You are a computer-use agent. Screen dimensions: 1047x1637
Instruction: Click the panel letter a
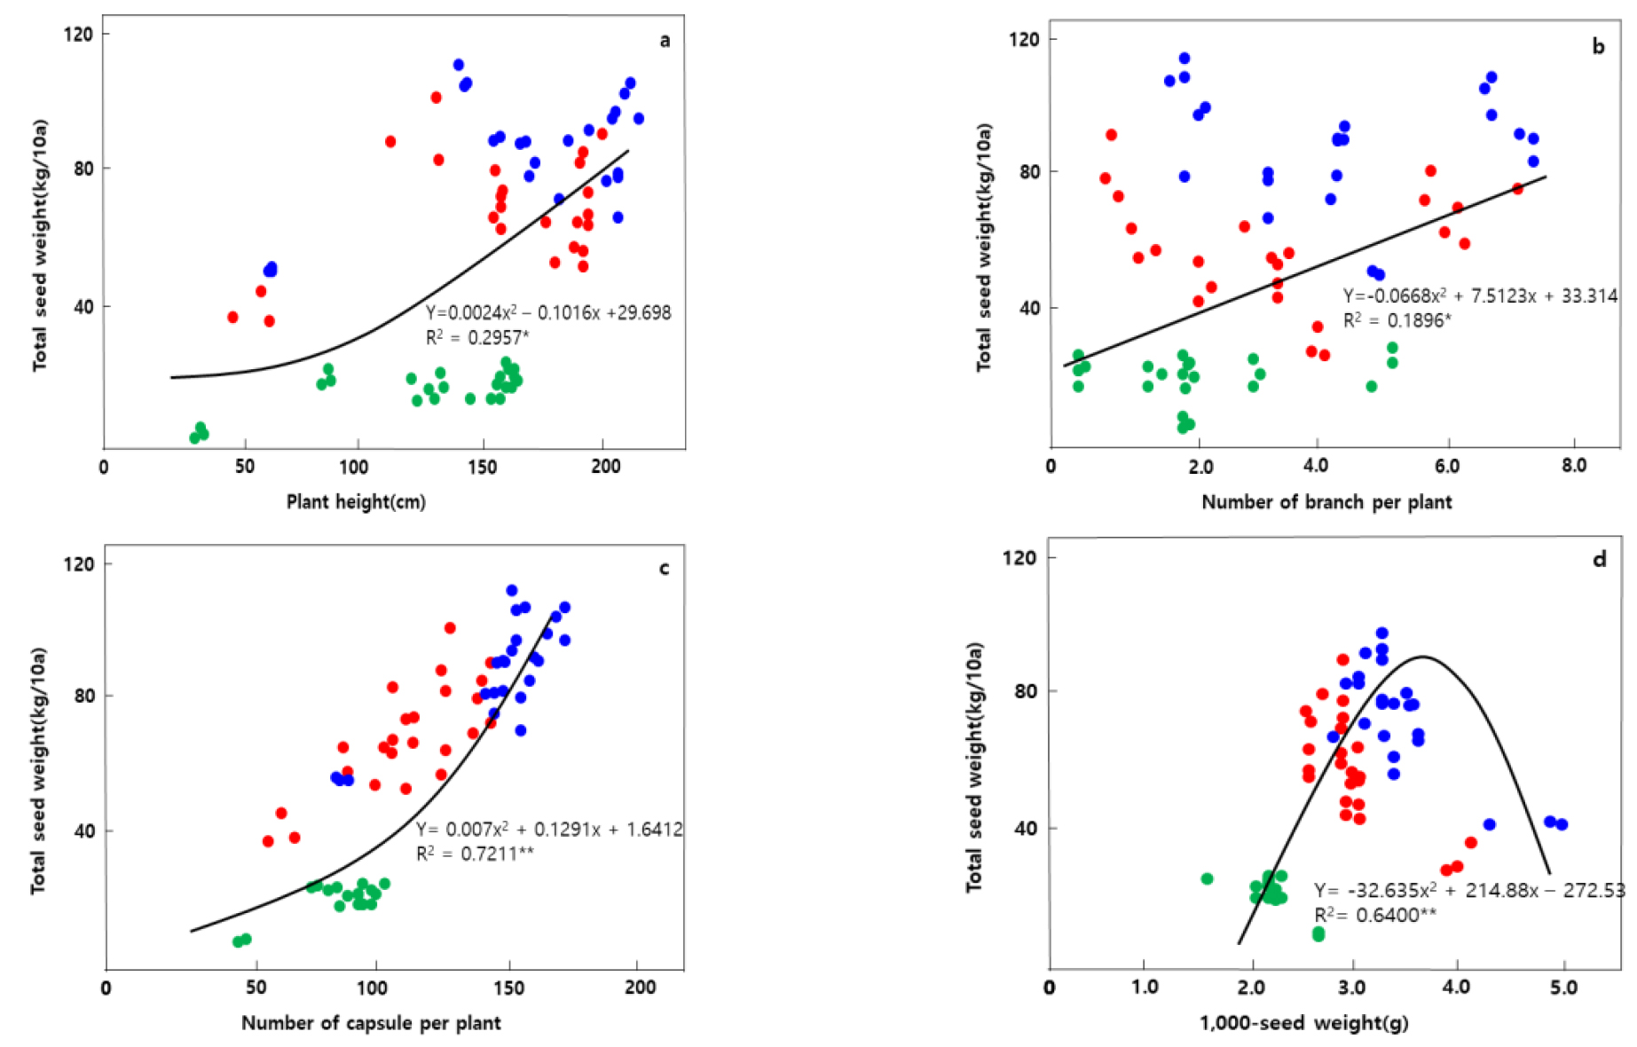click(x=665, y=40)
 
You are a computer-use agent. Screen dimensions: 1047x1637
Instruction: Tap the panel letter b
click(x=1598, y=46)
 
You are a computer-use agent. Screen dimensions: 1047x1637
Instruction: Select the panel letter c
click(x=664, y=568)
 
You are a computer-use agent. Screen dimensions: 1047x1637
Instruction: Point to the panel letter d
click(x=1599, y=559)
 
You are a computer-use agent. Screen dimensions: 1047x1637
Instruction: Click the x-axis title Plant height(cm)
click(x=356, y=502)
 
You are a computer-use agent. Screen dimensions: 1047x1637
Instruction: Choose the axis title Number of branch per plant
click(x=1326, y=502)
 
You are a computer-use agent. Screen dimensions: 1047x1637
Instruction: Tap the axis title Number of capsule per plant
click(x=371, y=1023)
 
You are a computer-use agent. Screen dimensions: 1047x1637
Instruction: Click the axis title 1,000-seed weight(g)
click(x=1303, y=1023)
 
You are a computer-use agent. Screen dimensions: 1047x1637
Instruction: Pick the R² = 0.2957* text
click(x=477, y=336)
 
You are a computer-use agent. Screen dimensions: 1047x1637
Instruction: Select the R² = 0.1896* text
click(x=1397, y=320)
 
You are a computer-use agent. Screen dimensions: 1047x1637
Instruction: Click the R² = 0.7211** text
click(x=475, y=854)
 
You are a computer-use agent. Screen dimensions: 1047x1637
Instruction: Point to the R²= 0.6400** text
click(x=1374, y=915)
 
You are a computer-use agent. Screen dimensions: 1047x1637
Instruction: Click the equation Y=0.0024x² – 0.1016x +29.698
click(x=548, y=312)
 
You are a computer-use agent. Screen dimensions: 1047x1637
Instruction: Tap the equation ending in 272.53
click(x=1469, y=890)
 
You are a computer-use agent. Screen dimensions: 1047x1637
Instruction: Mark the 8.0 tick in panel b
click(x=1573, y=466)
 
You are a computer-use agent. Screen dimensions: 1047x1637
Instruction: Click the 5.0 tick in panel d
click(x=1563, y=988)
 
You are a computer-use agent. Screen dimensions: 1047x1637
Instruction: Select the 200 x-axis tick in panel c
click(x=640, y=988)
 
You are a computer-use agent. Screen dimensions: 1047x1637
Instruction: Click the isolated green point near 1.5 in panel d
click(x=1207, y=878)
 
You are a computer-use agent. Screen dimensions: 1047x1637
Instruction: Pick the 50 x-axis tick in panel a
click(x=245, y=467)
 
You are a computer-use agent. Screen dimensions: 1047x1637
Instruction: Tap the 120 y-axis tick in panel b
click(x=1025, y=39)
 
